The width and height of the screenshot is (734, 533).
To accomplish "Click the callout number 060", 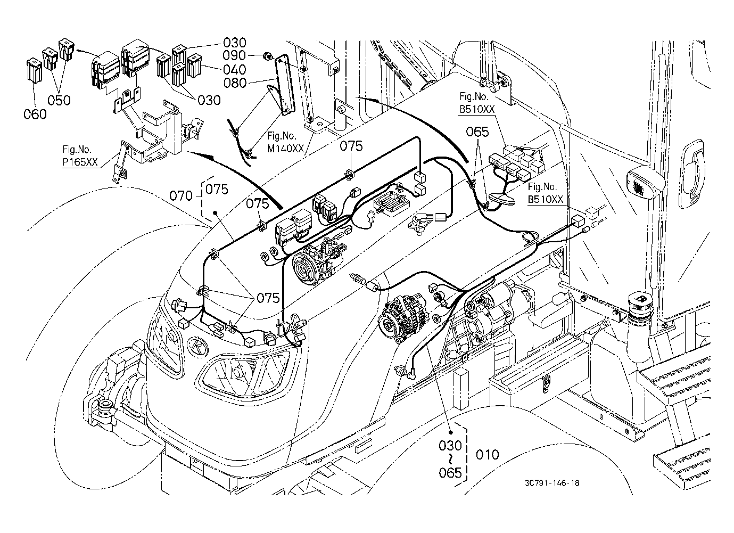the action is coord(35,114).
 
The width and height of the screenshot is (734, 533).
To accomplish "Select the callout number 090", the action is coord(234,55).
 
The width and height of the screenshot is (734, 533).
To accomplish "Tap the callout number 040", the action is coord(235,70).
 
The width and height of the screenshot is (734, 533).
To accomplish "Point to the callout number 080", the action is coord(235,83).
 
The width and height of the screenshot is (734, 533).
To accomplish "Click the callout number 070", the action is coord(181,196).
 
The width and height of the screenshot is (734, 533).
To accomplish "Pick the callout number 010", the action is coord(487,455).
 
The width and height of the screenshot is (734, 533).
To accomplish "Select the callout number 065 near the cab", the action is coord(477,132).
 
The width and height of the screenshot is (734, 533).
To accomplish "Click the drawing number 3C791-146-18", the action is coord(552,483).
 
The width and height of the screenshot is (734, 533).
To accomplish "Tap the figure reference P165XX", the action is coord(80,162).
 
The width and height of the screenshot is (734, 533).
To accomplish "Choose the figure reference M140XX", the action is coord(286,149).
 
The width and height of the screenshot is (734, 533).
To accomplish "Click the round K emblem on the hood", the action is coord(197,347).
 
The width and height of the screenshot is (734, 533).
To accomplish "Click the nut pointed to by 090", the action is coord(268,58).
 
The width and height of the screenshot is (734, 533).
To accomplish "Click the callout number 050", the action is coord(59,100).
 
